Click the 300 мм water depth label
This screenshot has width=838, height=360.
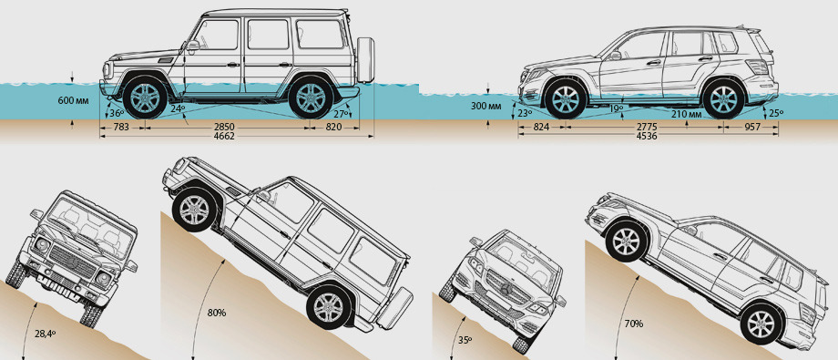pyautogui.click(x=486, y=106)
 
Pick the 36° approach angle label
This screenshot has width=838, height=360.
pyautogui.click(x=117, y=113)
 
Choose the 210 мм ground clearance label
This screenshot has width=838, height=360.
pyautogui.click(x=687, y=114)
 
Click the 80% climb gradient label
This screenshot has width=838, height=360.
pyautogui.click(x=216, y=313)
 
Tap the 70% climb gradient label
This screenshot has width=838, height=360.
pyautogui.click(x=633, y=324)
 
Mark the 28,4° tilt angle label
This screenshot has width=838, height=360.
pyautogui.click(x=46, y=334)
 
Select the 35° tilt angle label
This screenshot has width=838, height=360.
pyautogui.click(x=465, y=340)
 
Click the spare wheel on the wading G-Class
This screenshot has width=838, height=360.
pyautogui.click(x=365, y=60)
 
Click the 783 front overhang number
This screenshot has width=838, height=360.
pyautogui.click(x=122, y=128)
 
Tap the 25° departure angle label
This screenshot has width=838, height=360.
pyautogui.click(x=774, y=113)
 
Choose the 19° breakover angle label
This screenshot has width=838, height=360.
pyautogui.click(x=616, y=108)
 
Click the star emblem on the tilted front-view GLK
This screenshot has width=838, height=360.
pyautogui.click(x=506, y=291)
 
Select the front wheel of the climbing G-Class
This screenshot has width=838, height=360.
pyautogui.click(x=195, y=210)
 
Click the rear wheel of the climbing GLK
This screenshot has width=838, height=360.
pyautogui.click(x=762, y=324)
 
